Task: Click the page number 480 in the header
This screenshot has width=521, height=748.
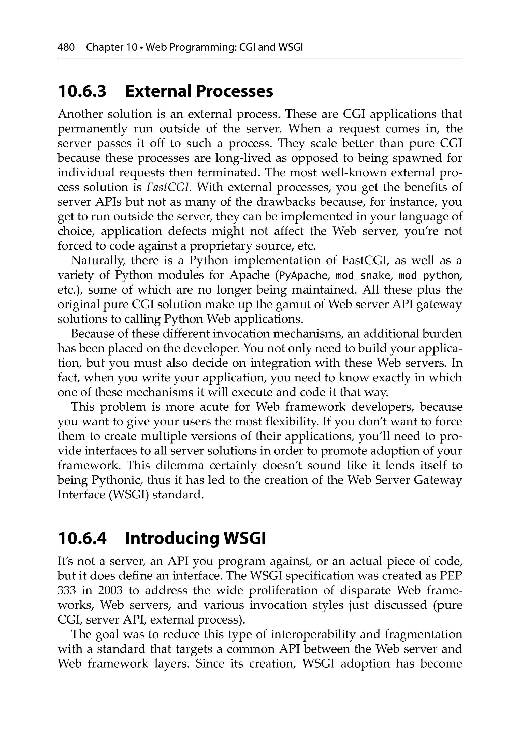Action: click(x=66, y=48)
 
